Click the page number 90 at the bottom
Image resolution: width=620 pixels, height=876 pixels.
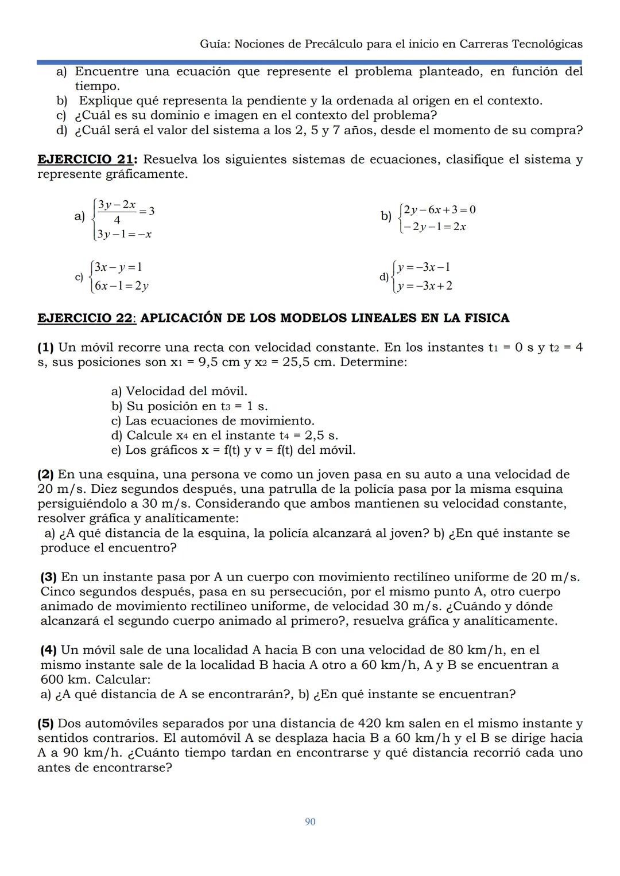point(310,822)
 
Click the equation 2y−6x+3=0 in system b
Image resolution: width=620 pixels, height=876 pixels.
point(440,209)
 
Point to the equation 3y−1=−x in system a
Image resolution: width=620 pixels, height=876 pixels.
point(124,234)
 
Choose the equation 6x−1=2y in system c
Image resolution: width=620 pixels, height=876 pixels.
point(121,285)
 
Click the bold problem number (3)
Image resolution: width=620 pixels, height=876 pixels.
point(49,577)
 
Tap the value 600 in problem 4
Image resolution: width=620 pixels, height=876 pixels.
point(53,680)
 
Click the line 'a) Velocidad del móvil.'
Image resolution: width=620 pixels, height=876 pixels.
point(179,391)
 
